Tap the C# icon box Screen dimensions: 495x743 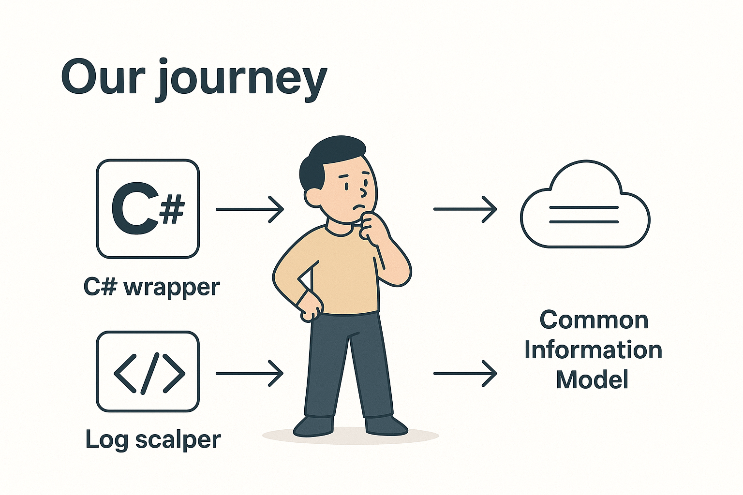(x=148, y=209)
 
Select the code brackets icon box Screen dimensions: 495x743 (x=148, y=371)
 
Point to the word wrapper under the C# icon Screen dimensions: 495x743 (x=172, y=288)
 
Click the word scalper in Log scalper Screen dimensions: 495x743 (x=178, y=440)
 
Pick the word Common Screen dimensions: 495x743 (x=594, y=320)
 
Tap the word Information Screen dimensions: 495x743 (x=593, y=350)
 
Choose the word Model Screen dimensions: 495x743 (x=592, y=380)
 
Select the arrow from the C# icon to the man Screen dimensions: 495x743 (x=250, y=209)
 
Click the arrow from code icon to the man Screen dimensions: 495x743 (x=250, y=373)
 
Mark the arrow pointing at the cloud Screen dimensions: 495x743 (x=465, y=209)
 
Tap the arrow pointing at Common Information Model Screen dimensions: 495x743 (x=465, y=373)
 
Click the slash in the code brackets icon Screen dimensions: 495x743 (x=149, y=373)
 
